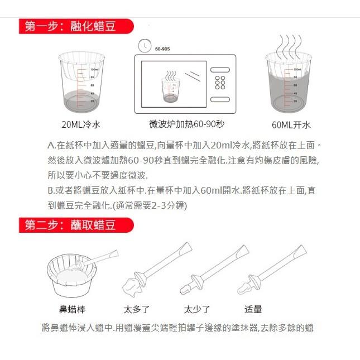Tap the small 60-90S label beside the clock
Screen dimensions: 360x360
coord(162,49)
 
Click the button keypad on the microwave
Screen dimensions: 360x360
coord(220,83)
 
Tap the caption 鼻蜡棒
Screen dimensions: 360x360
coord(72,309)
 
